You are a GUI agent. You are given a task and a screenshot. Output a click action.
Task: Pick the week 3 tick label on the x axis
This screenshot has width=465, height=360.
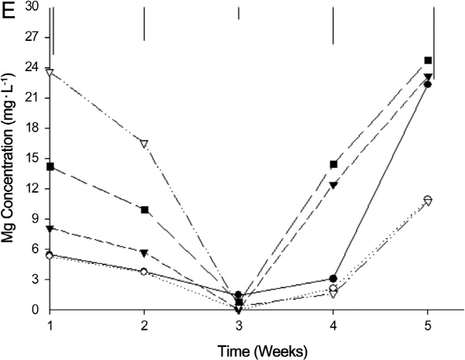coord(239,324)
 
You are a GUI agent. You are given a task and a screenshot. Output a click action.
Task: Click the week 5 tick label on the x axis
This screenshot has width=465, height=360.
coord(428,324)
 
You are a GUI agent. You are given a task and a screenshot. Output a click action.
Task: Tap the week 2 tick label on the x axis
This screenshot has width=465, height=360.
coord(144,324)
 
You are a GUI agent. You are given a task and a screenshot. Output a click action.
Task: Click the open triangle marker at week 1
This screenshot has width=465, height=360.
coord(50,72)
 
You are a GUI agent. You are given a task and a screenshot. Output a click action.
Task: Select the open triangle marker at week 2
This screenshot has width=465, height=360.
coord(144,143)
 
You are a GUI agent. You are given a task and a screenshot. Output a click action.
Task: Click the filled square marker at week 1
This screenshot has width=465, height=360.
coord(50,166)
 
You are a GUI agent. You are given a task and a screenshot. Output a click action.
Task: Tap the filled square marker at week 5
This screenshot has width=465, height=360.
coord(428,60)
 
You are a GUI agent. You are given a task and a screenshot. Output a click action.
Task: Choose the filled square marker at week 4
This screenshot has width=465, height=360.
coord(333,164)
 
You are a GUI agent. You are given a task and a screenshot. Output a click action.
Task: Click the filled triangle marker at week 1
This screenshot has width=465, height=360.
coord(50,228)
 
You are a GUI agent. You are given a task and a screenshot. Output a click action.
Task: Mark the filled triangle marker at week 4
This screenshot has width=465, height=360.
coord(333,185)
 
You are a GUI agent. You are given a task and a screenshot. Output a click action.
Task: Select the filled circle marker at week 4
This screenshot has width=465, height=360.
coord(333,279)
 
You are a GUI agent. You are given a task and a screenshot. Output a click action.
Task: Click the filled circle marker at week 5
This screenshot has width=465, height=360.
coord(428,84)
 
